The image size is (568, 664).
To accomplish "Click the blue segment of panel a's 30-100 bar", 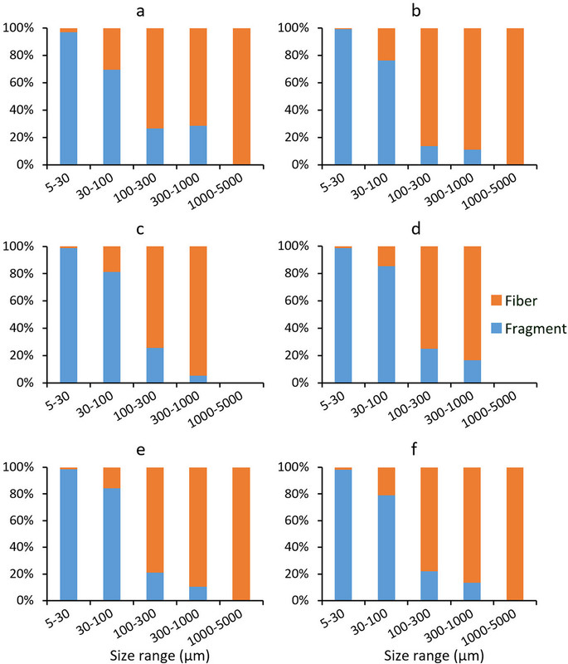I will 112,116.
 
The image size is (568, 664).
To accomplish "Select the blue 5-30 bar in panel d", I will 342,315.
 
